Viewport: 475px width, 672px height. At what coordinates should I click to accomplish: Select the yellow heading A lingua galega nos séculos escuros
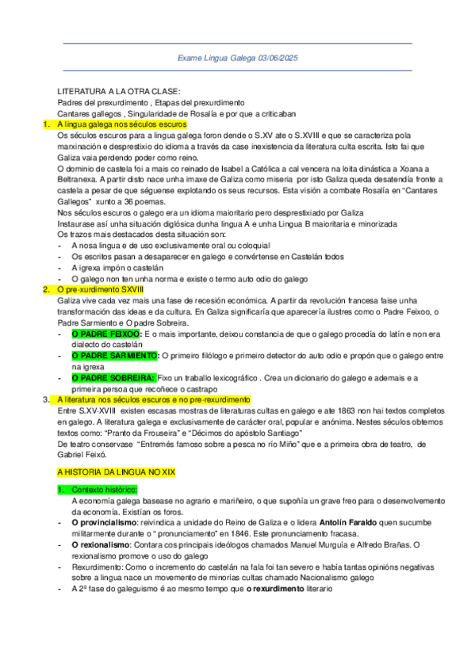click(x=122, y=125)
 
